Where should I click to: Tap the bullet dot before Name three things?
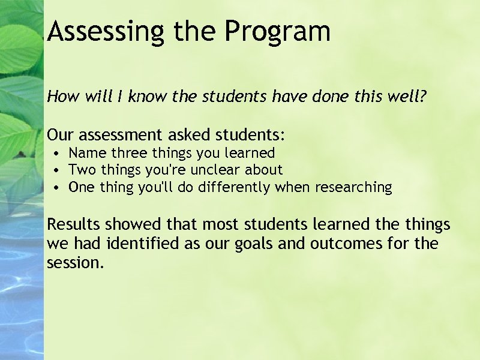coord(55,154)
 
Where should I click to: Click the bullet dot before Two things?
coord(55,171)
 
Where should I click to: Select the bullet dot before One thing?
coord(55,188)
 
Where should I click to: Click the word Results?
coord(74,225)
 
